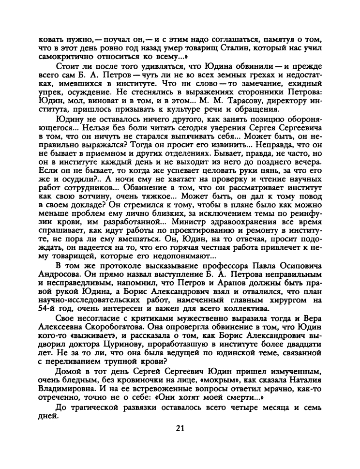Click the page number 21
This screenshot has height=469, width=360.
[x=180, y=428]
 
